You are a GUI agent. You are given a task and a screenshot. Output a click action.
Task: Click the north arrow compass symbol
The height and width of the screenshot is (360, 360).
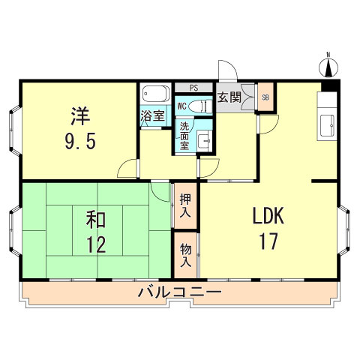328,67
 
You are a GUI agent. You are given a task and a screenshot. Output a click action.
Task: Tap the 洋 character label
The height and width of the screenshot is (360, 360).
81,116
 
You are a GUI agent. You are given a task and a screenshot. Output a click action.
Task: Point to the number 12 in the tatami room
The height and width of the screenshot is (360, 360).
94,244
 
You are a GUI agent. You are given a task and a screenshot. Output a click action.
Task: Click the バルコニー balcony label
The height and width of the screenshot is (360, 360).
178,292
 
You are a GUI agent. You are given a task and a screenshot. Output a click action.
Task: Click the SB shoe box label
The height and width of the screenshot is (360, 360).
265,97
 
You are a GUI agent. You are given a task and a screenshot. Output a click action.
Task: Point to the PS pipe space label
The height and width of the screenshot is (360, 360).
193,88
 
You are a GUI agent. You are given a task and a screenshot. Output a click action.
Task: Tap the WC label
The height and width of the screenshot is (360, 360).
181,106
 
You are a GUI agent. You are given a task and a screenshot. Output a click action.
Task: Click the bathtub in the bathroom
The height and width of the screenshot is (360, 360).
155,96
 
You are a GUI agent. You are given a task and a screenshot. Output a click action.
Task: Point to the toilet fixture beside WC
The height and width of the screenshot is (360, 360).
199,106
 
